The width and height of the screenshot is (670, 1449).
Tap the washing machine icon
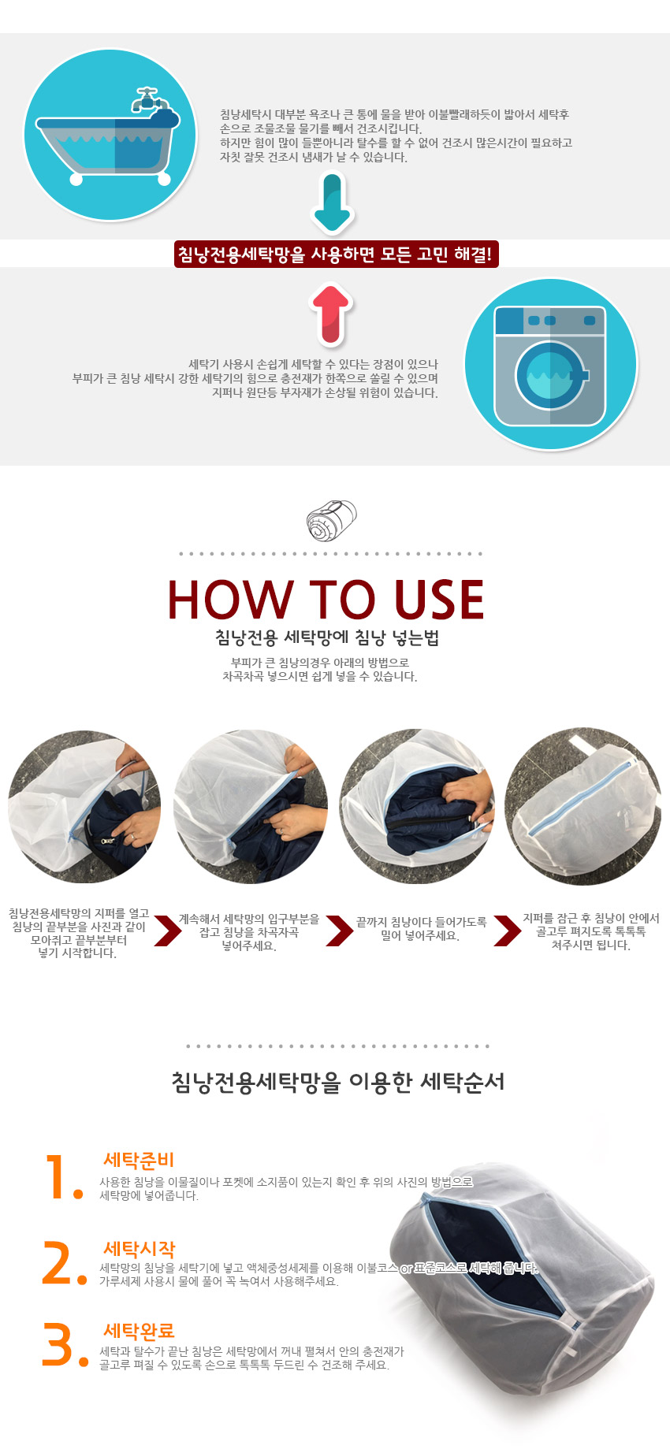point(549,366)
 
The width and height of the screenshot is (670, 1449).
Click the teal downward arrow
point(333,202)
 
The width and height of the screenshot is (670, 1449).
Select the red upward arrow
point(332,314)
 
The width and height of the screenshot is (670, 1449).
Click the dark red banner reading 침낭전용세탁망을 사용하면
point(336,255)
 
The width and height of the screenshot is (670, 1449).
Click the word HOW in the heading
point(229,600)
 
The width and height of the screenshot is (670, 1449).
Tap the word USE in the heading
point(439,600)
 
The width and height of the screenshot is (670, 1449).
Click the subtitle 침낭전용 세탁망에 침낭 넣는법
point(327,637)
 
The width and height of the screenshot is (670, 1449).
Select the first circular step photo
point(84,807)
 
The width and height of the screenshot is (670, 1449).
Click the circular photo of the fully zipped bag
point(583,807)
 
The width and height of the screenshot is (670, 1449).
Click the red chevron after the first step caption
point(167,931)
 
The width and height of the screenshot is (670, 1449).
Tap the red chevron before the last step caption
point(507,931)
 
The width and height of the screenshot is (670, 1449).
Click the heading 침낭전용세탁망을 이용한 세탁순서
point(337,1082)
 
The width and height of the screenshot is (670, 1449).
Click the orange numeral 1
point(63,1177)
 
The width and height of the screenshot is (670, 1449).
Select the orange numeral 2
point(65,1263)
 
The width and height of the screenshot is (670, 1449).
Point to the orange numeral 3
point(65,1345)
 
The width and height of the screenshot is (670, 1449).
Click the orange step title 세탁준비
point(139,1160)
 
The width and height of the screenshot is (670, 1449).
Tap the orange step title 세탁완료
point(139,1331)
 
